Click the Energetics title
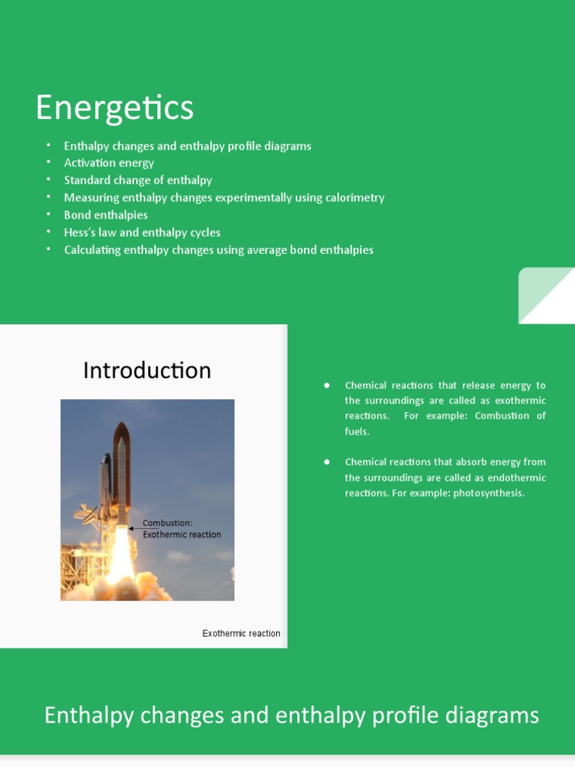tap(115, 108)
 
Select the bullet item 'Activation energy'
tap(109, 163)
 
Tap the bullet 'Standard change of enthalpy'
tap(138, 181)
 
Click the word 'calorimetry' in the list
tap(354, 198)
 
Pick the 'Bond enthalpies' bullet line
tap(106, 215)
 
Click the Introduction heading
tap(147, 371)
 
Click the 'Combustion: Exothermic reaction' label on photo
tap(181, 529)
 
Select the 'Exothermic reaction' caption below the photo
tap(241, 634)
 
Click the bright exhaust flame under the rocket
tap(121, 562)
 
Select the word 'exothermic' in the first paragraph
tap(520, 401)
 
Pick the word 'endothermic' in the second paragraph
tap(517, 478)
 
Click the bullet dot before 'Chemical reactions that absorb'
tap(327, 462)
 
